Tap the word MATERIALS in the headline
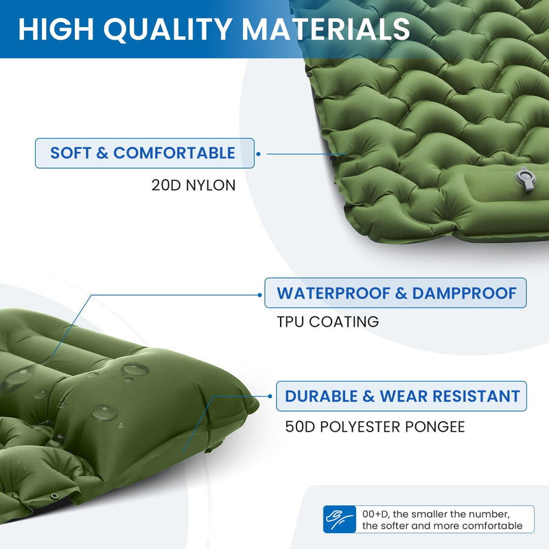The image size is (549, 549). pyautogui.click(x=325, y=29)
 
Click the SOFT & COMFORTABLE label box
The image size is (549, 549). pyautogui.click(x=144, y=153)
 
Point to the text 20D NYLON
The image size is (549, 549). pyautogui.click(x=194, y=185)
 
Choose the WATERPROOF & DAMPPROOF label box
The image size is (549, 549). pyautogui.click(x=396, y=293)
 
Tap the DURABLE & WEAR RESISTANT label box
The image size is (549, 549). pyautogui.click(x=401, y=396)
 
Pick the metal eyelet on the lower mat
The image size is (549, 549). pyautogui.click(x=54, y=497)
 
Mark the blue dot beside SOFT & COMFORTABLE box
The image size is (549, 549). pyautogui.click(x=258, y=154)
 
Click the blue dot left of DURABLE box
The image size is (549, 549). pyautogui.click(x=270, y=397)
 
